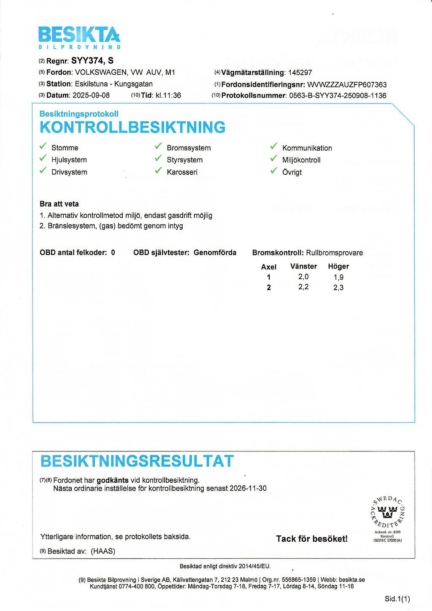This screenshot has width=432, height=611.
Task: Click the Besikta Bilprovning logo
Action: point(79,37)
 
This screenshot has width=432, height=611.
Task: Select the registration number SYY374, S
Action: point(92,61)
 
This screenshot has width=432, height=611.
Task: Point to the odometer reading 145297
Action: point(300,73)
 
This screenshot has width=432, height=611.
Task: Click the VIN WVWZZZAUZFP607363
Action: point(347,84)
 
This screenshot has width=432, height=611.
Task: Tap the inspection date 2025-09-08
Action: point(91,95)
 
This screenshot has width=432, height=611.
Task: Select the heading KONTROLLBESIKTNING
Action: point(132,127)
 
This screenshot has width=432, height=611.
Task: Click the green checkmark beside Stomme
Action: point(43,147)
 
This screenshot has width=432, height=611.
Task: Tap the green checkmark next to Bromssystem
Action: point(159,147)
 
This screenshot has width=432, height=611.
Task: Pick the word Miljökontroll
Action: point(301,160)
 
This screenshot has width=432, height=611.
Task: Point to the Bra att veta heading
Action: point(59,204)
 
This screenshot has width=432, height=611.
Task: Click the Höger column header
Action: point(338,266)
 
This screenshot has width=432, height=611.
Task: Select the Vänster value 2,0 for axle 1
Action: point(303,277)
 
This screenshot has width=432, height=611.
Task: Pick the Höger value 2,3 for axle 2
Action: point(338,288)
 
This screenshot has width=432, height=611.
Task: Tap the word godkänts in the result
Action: point(113,480)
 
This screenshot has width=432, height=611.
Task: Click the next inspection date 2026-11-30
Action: point(248,489)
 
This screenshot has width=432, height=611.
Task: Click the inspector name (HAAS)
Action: point(103,551)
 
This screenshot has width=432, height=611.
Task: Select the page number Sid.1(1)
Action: point(397,599)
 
